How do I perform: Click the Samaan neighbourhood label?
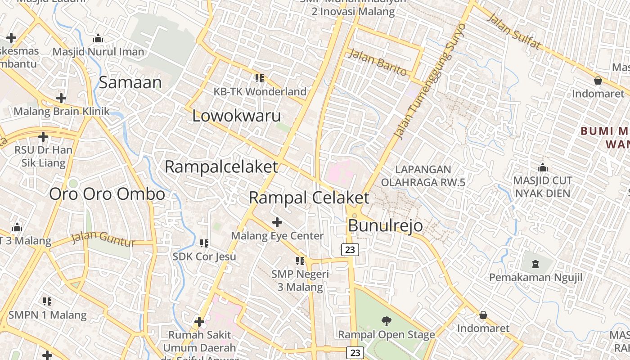[130, 82]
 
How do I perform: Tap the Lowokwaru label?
[237, 116]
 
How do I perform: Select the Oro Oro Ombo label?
[107, 194]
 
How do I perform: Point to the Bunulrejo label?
[386, 225]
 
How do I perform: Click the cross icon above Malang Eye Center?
[277, 222]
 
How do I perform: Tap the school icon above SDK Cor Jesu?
[204, 243]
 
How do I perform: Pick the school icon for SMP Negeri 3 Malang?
[300, 261]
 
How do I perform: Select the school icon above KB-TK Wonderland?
[260, 78]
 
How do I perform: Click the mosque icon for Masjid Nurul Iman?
[98, 39]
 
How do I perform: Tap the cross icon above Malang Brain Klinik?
[61, 98]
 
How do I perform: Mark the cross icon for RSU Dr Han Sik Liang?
[43, 137]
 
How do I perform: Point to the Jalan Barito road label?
[378, 63]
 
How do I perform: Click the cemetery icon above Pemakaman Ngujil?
[535, 264]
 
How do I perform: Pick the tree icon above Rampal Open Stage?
[386, 321]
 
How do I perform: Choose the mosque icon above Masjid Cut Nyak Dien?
[543, 167]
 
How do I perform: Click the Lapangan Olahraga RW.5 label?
[423, 176]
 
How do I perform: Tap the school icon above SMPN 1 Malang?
[47, 301]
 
